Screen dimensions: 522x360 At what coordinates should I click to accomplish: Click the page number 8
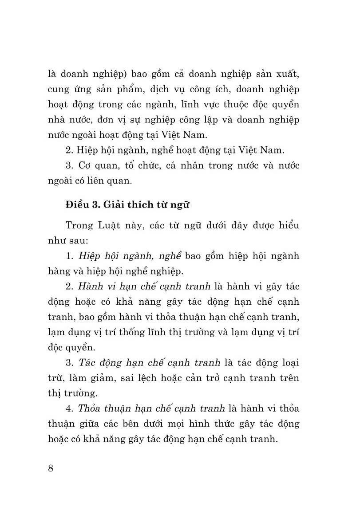[x=50, y=469]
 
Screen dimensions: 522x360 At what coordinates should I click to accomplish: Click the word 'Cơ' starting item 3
[x=85, y=166]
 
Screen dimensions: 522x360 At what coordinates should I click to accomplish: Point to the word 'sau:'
[x=78, y=240]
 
